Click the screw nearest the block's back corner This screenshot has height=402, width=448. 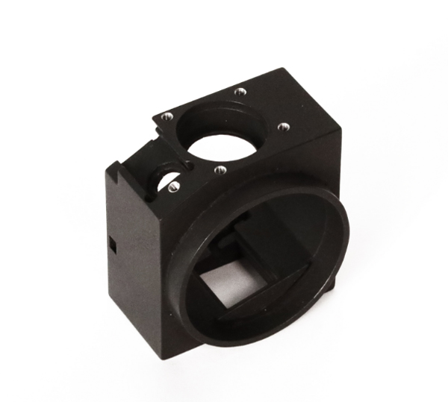coord(240,92)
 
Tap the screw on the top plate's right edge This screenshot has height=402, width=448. coord(282,127)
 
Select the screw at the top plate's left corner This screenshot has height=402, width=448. coord(167,116)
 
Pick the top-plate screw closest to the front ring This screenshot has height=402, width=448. coord(219,169)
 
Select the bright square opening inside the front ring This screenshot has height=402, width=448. coord(225,284)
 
